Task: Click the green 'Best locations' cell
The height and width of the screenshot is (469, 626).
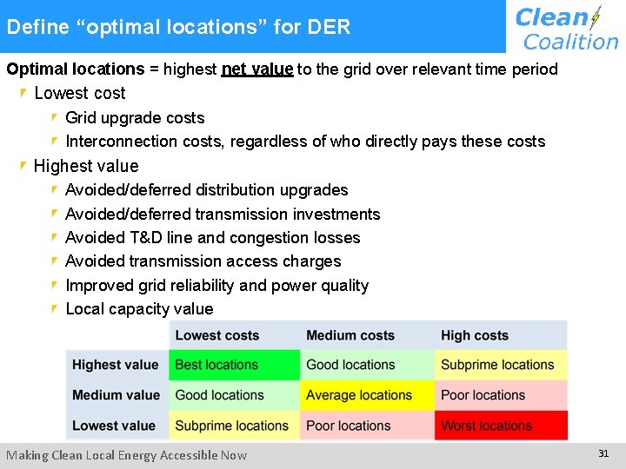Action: [x=235, y=365]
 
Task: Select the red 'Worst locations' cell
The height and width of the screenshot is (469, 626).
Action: [x=501, y=426]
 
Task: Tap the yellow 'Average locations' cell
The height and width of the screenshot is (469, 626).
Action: [x=367, y=395]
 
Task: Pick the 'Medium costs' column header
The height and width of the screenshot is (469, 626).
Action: [x=350, y=335]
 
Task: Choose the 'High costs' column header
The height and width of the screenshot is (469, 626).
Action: [x=475, y=335]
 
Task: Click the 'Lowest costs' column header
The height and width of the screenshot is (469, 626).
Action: [x=217, y=335]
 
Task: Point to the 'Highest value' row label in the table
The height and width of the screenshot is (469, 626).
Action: [x=116, y=365]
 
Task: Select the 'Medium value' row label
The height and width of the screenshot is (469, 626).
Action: [x=116, y=395]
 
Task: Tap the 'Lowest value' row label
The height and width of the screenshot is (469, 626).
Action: [x=114, y=426]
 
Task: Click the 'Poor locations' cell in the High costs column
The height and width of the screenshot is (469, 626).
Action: [x=501, y=395]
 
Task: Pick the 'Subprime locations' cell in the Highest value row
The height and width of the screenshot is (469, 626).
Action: [x=501, y=365]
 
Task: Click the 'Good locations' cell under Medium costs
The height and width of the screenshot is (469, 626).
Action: [x=367, y=365]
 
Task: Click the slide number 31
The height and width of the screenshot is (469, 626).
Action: [x=603, y=453]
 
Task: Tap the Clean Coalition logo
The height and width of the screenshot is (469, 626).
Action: [x=566, y=28]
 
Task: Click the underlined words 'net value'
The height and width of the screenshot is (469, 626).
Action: [x=257, y=69]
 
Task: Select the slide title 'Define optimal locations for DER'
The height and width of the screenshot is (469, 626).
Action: [x=178, y=27]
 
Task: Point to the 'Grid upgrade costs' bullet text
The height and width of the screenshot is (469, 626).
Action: [x=135, y=118]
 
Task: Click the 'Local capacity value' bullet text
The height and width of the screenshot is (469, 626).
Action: [x=139, y=309]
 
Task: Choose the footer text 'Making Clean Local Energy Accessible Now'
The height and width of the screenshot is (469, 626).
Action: [x=127, y=455]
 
